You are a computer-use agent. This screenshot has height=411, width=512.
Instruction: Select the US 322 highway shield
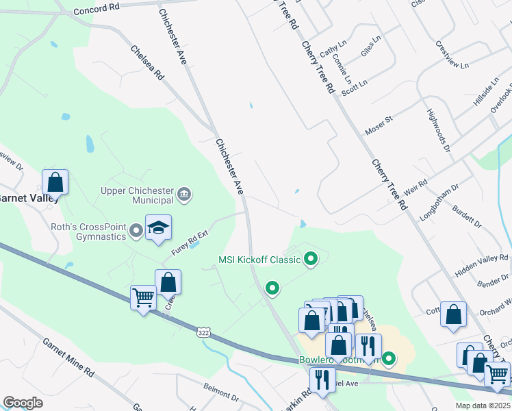203,332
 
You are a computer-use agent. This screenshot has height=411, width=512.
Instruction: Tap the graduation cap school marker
158,229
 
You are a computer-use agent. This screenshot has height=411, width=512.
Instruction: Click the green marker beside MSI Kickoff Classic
311,259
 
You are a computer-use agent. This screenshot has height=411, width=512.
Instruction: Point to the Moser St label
379,124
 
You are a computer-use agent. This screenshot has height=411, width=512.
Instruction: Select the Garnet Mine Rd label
68,358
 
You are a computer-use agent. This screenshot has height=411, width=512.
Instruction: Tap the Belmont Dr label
220,397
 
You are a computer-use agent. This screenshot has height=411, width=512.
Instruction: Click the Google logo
22,403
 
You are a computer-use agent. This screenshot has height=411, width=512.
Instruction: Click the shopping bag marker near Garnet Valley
55,183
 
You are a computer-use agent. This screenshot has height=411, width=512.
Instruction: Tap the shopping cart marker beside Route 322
143,298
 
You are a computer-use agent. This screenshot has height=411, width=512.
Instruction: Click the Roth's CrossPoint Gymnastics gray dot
136,231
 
